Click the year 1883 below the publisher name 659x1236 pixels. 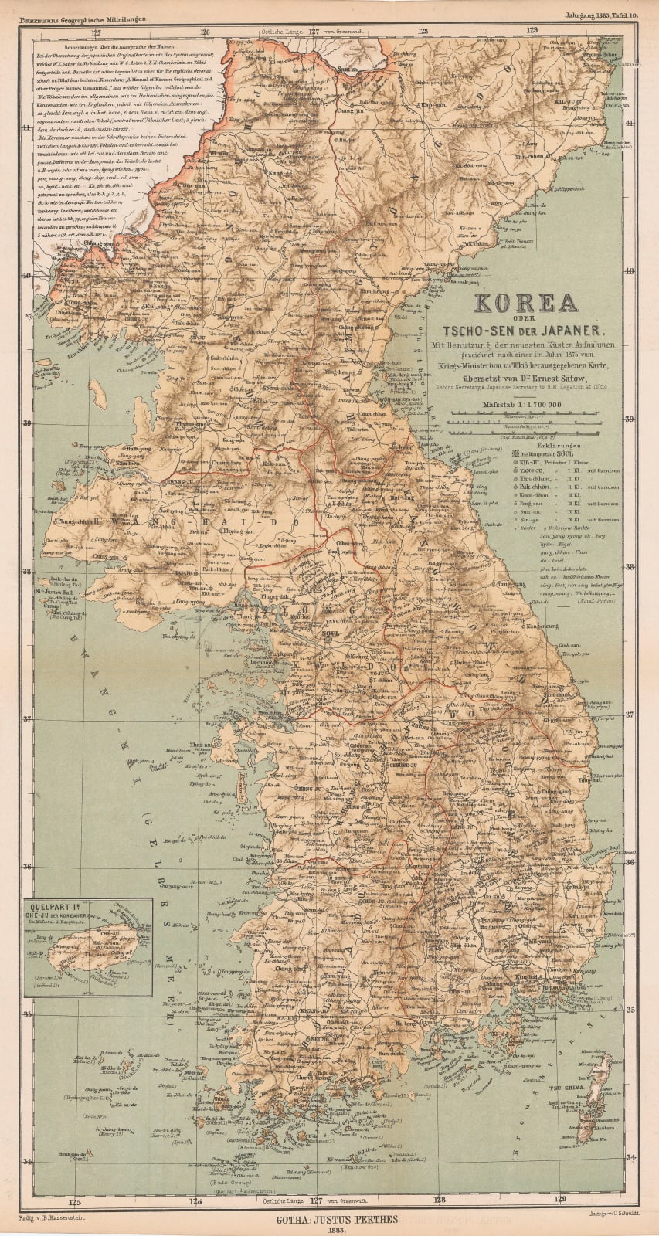pos(329,1225)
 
